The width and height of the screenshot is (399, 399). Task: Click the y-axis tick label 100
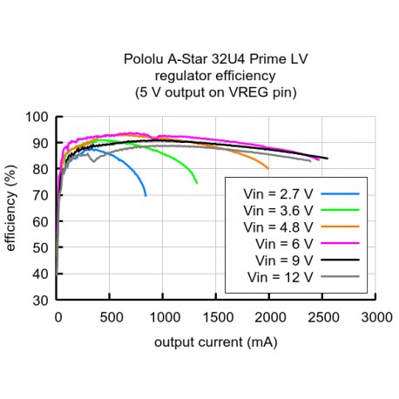[37, 118]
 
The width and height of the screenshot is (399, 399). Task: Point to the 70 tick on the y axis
[41, 196]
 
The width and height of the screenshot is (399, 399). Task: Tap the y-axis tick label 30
[41, 301]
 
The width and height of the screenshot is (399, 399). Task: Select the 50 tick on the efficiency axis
[41, 248]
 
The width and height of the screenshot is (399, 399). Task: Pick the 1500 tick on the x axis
[216, 318]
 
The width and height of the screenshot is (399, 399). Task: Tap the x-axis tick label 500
[111, 318]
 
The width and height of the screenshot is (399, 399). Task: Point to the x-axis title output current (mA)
[216, 342]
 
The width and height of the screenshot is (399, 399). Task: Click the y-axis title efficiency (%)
[11, 209]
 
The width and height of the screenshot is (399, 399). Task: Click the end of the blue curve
[145, 196]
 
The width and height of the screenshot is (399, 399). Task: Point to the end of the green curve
[197, 183]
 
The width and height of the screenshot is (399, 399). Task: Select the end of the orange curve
[268, 168]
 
